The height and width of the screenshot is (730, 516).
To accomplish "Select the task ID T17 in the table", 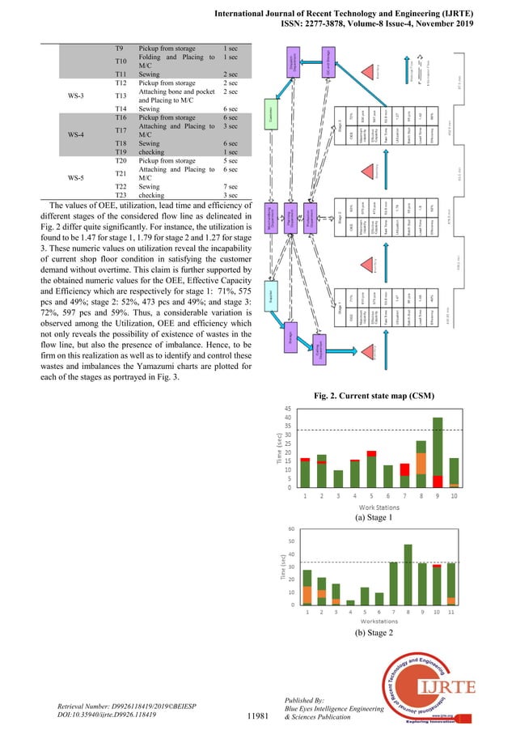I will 121,129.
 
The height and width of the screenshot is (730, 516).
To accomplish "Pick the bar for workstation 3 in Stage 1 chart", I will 339,478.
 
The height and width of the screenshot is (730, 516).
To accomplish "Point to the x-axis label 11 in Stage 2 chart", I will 450,612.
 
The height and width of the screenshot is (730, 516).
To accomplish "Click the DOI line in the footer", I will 111,715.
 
